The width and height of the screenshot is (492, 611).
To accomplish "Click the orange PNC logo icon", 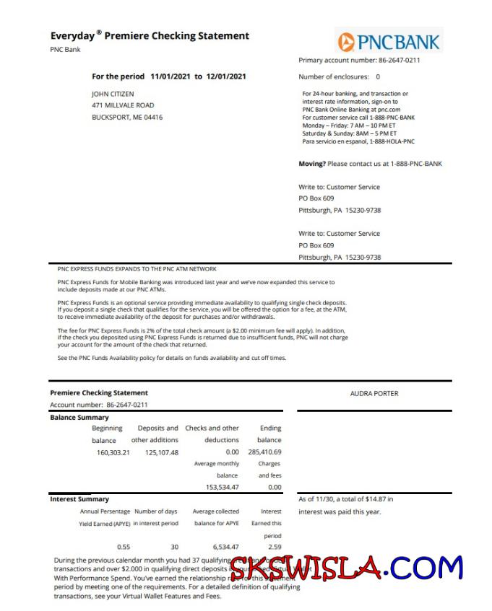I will (346, 41).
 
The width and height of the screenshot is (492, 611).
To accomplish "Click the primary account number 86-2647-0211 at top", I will (396, 60).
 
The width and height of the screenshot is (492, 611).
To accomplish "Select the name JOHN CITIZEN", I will (113, 94).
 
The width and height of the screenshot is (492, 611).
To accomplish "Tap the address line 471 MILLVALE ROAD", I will (123, 105).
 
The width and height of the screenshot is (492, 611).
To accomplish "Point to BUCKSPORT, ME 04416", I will (127, 117).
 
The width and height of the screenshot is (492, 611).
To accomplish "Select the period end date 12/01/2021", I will (226, 76).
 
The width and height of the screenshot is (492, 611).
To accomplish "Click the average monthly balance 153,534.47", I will (222, 487).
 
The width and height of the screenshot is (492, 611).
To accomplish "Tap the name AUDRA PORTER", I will (374, 394).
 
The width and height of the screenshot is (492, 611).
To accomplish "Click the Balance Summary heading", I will (79, 418).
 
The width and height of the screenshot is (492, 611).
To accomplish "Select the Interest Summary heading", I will (79, 499).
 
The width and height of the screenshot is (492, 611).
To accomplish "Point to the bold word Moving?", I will (312, 164).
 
